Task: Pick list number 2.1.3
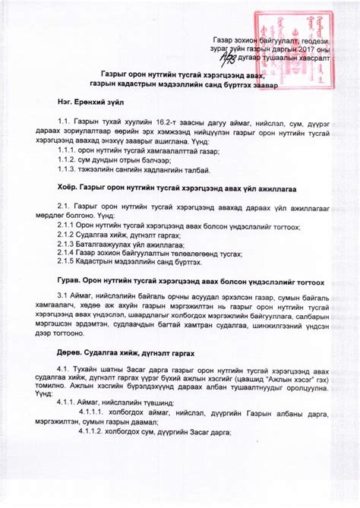[68, 245]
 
